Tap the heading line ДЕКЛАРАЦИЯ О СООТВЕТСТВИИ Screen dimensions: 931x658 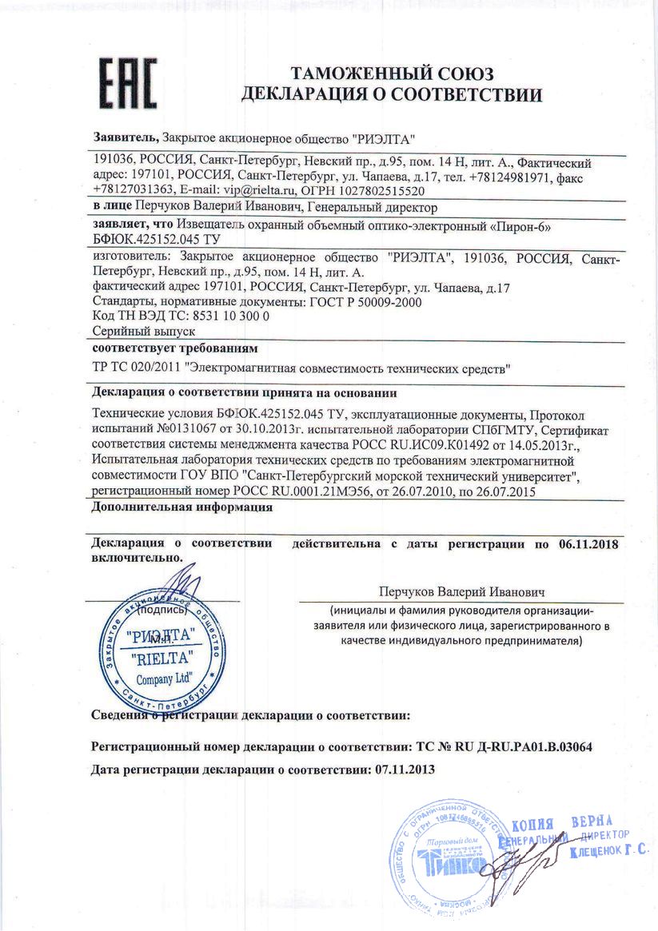tap(392, 96)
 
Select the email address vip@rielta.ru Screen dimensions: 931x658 tap(259, 192)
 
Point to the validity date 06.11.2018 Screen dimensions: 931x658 tap(589, 545)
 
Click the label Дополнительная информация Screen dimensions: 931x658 tap(182, 507)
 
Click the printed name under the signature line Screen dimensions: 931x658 tap(462, 592)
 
